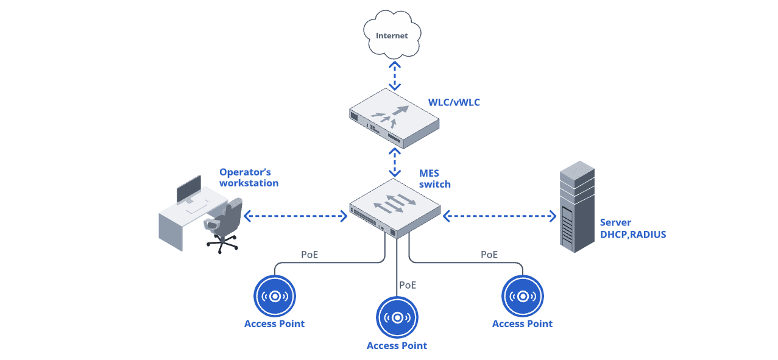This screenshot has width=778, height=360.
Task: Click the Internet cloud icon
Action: [392, 36]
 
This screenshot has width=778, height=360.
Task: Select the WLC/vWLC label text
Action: [454, 102]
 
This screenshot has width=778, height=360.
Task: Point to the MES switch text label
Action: [434, 179]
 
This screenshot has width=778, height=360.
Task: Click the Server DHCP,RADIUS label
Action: [632, 228]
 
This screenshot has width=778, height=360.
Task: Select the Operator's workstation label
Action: [249, 177]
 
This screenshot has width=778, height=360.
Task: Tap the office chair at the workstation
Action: [222, 225]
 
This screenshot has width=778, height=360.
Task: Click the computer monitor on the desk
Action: [189, 189]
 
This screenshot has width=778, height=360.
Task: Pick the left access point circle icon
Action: [275, 296]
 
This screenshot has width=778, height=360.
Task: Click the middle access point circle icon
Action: [397, 317]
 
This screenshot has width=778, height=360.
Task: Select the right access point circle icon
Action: [522, 296]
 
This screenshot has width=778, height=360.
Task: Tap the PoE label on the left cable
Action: [309, 255]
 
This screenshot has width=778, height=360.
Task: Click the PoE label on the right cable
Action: [489, 255]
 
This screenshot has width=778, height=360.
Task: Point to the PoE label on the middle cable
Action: [408, 284]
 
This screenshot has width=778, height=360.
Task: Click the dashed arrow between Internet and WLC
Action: [395, 74]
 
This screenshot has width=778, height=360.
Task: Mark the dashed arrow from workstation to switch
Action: [295, 216]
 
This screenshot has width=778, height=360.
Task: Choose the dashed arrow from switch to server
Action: [500, 216]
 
